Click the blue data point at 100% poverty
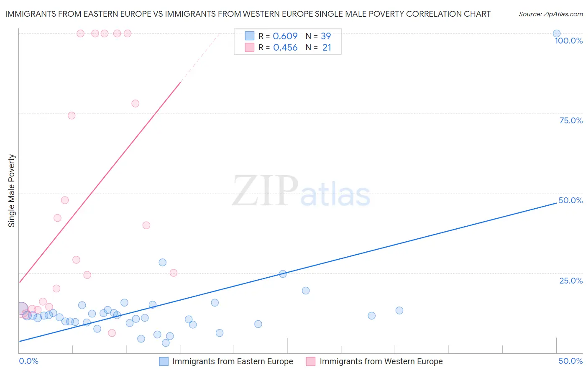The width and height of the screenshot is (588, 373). pos(556,33)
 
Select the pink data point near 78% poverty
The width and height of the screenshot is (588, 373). pos(135,103)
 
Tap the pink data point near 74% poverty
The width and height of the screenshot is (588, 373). pos(72,115)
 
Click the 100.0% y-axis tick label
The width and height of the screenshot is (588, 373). pos(568,41)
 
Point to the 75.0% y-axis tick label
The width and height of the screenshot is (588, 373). pos(571,120)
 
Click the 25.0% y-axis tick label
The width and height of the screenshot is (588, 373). pos(571,281)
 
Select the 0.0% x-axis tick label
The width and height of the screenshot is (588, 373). pos(28,361)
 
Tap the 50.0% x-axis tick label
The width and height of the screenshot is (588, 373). pos(570,361)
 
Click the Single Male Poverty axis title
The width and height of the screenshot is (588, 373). pos(12,191)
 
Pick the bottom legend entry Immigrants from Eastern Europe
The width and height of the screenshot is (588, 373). pos(233,361)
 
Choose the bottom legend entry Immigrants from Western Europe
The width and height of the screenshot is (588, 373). pos(381,361)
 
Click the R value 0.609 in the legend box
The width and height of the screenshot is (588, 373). pos(285,36)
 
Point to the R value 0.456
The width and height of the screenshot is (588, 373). pos(285,48)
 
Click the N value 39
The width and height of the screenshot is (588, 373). pos(326,36)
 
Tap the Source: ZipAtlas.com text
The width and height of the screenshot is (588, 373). pos(550,14)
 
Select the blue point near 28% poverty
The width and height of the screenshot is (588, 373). pos(162,262)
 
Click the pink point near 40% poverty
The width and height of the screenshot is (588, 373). pos(146,225)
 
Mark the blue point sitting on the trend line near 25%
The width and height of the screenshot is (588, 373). pos(283,274)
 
